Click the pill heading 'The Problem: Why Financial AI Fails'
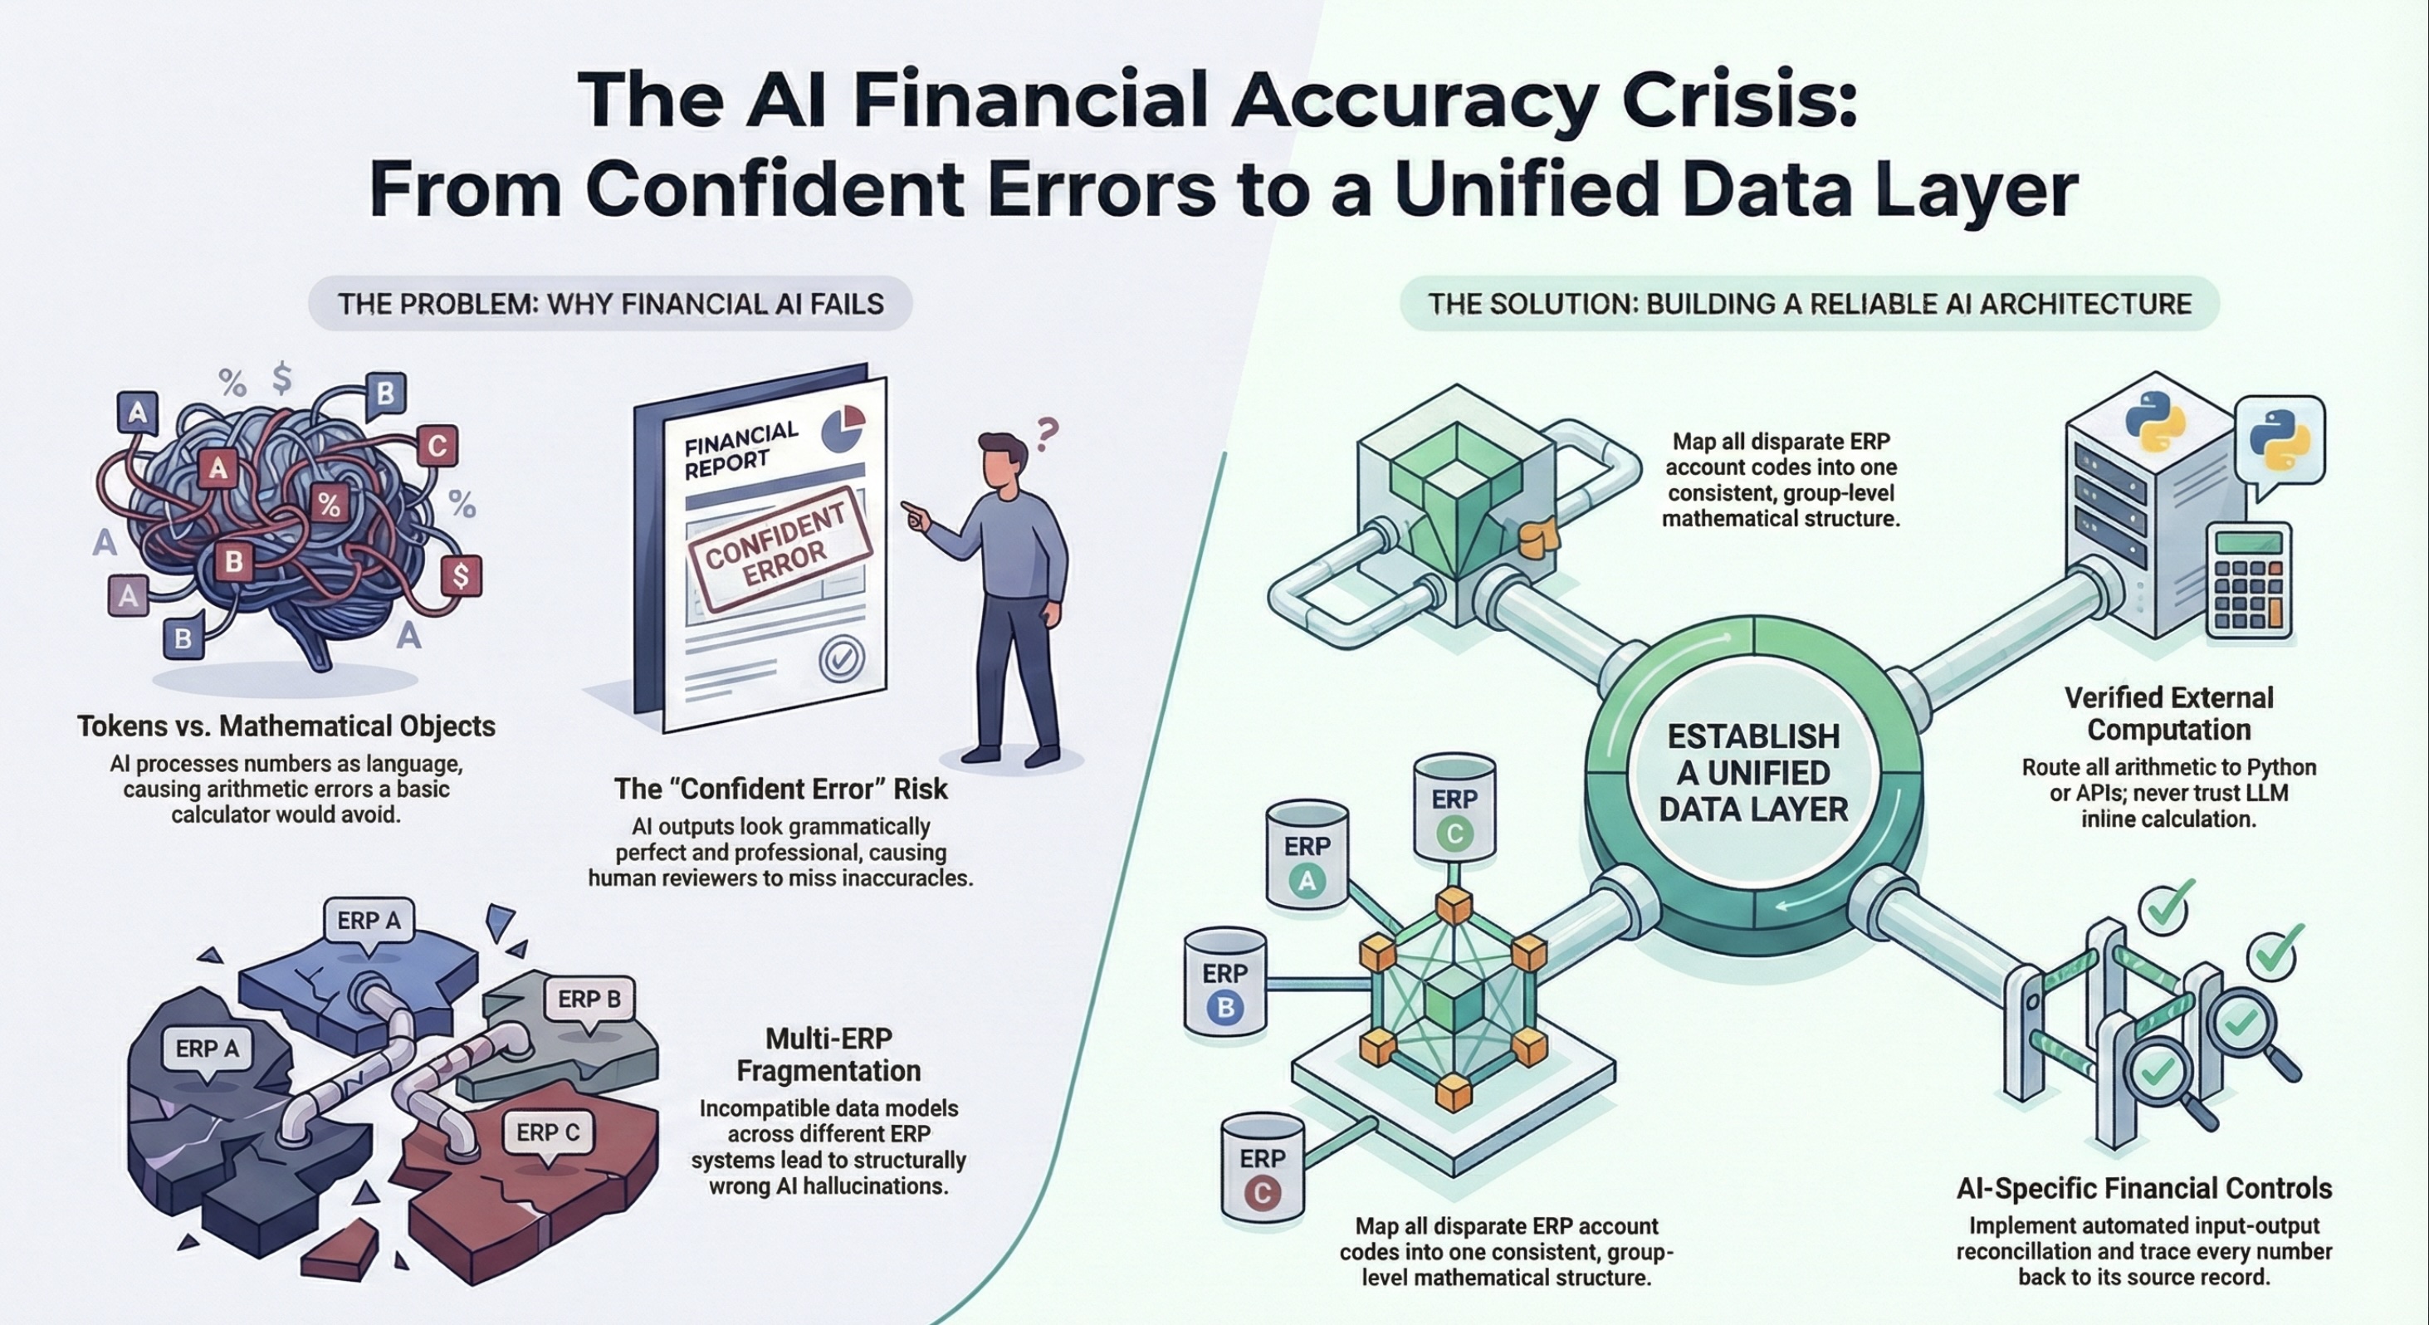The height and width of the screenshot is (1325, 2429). [x=610, y=304]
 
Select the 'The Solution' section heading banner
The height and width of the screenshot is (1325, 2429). [x=1809, y=304]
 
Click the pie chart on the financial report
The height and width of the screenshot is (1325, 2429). [x=844, y=428]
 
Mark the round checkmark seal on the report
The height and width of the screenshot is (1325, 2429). [x=840, y=658]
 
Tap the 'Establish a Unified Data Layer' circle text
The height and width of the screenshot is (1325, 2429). [x=1753, y=772]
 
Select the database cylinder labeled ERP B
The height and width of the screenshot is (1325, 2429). [x=1224, y=990]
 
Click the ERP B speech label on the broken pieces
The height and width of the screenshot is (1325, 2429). [x=589, y=999]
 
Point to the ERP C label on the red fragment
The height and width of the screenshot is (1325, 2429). [x=548, y=1132]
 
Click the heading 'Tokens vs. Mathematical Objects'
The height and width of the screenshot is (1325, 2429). [x=286, y=726]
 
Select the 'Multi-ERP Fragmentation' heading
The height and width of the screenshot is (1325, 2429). [x=828, y=1054]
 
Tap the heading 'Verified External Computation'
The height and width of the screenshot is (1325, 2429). [x=2168, y=713]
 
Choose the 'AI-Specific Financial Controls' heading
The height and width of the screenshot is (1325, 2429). [x=2143, y=1187]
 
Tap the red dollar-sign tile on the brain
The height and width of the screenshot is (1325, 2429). [x=460, y=574]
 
